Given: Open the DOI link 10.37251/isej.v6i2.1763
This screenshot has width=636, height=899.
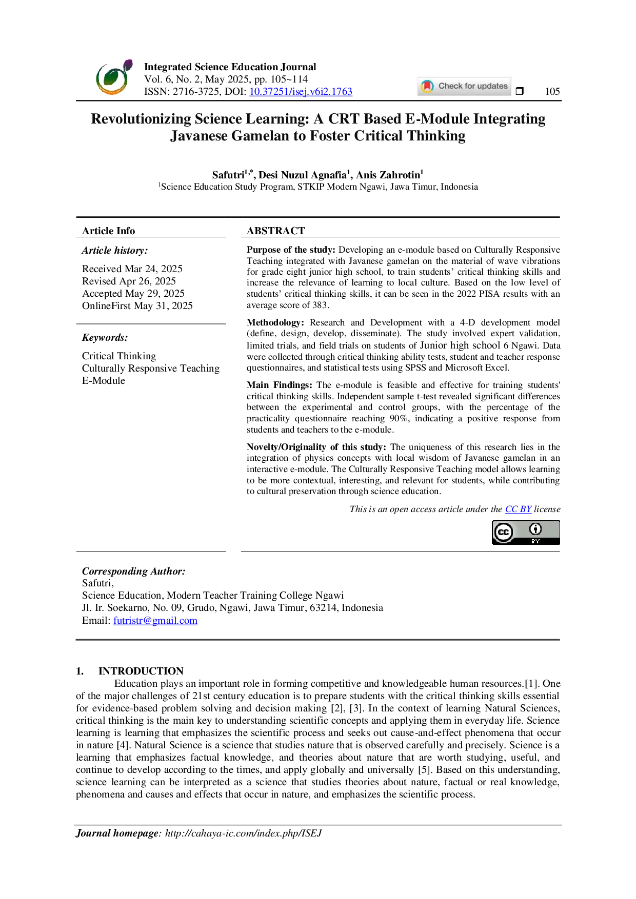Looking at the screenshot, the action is [x=301, y=91].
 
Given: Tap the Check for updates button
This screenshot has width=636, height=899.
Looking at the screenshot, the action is [x=464, y=86].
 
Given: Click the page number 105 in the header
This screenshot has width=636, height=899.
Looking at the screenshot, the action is [x=552, y=91].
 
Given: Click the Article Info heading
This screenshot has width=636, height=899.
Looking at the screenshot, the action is [x=109, y=231].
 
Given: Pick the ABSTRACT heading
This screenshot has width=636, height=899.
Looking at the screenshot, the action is [x=276, y=231].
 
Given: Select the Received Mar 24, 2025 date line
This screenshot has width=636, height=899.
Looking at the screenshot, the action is [x=132, y=269].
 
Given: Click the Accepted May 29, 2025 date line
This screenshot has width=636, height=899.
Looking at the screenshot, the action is [x=133, y=293].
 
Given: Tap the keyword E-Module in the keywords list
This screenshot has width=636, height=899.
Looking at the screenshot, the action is [x=104, y=380].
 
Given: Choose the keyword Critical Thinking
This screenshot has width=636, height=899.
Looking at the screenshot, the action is [x=119, y=356].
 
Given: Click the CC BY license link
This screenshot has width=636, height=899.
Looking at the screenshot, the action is [x=518, y=509].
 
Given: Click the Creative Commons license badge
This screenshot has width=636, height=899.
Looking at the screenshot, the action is [x=526, y=533].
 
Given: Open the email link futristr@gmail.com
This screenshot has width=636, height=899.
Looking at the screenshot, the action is [x=155, y=620].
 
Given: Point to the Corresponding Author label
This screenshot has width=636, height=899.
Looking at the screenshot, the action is [x=134, y=571].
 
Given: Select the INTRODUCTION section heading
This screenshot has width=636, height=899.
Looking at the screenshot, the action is [x=141, y=671].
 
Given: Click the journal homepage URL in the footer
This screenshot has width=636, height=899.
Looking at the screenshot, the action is [x=243, y=833].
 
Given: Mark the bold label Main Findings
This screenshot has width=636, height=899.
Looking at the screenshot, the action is [x=280, y=385].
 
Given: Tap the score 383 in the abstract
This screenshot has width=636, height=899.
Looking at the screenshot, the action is [x=320, y=305].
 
